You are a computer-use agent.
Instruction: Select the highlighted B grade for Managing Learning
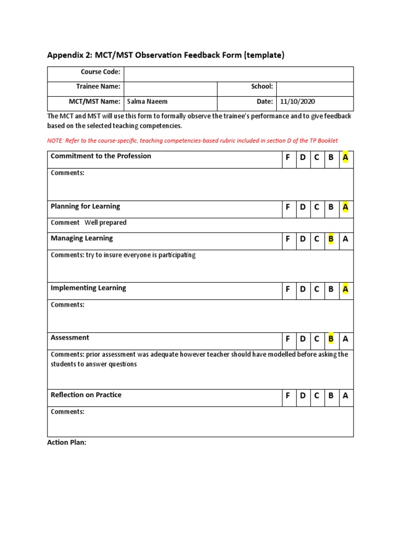coord(331,240)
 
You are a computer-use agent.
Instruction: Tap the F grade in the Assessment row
coord(287,339)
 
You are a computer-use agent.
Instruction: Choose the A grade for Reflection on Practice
coord(345,396)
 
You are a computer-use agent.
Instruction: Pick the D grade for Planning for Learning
coord(302,207)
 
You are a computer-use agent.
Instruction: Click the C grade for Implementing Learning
coord(316,289)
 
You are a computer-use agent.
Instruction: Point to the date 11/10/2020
coord(298,102)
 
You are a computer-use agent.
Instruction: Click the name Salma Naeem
coord(147,102)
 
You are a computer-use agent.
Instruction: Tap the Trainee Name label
coord(98,87)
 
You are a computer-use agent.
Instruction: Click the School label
coord(262,87)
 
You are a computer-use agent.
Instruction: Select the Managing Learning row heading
coord(81,238)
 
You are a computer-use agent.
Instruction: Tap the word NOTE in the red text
coord(54,141)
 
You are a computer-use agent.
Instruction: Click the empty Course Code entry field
coord(238,74)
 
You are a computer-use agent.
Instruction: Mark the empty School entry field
coord(314,88)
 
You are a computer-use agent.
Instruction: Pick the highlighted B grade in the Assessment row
coord(331,339)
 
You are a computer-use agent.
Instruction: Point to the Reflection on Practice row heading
coord(86,395)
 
